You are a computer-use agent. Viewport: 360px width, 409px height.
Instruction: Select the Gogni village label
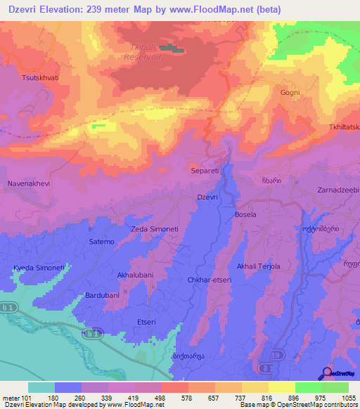coord(290,93)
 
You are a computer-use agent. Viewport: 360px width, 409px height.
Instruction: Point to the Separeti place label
coord(206,170)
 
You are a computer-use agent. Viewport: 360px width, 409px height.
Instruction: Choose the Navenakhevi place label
coord(29,183)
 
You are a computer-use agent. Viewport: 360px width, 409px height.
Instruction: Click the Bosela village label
coord(245,214)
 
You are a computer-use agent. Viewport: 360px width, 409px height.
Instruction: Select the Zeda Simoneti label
coord(155,230)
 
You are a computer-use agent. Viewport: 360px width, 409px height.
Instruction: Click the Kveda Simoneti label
coord(39,268)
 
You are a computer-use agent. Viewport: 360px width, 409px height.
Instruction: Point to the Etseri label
coord(146,322)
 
